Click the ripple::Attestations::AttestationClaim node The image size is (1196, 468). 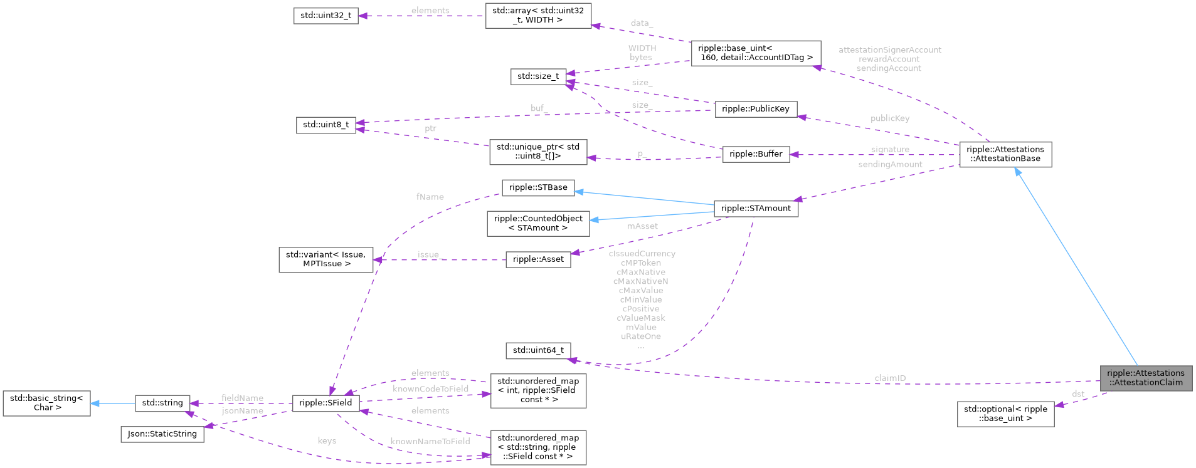point(1145,378)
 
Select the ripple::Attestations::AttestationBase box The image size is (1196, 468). point(1005,154)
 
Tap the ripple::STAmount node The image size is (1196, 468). point(756,208)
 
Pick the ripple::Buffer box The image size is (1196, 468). point(756,154)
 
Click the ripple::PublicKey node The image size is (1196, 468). point(755,109)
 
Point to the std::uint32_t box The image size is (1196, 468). point(325,16)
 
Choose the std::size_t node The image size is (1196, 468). point(538,76)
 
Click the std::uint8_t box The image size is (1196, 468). point(325,125)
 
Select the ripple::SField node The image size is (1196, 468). point(325,403)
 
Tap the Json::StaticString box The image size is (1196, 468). point(162,434)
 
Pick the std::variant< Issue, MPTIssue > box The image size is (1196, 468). point(325,259)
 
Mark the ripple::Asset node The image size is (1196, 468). point(538,259)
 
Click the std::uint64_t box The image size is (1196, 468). point(538,350)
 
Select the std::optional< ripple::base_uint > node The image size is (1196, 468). point(1005,414)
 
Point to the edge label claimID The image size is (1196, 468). point(890,378)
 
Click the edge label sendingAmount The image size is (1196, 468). point(890,164)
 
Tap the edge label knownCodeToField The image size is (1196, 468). point(430,389)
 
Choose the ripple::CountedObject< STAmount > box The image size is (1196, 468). point(538,224)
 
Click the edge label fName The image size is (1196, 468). point(430,197)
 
